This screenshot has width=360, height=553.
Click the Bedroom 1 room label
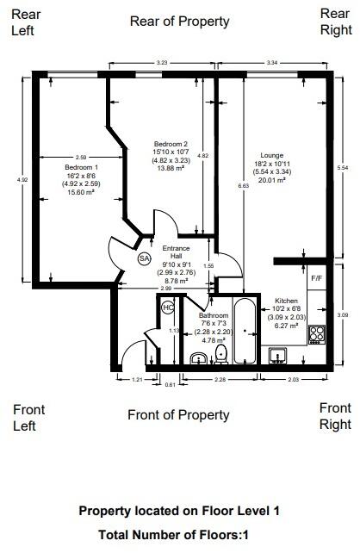point(82,166)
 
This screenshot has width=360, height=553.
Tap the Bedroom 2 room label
point(171,143)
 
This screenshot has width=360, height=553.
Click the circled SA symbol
point(144,258)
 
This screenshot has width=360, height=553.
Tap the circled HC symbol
point(168,307)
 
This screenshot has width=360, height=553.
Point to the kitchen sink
point(278,354)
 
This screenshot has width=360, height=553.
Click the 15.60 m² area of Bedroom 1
point(82,193)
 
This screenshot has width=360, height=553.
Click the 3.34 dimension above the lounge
point(272,63)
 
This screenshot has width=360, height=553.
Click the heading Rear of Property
point(180,22)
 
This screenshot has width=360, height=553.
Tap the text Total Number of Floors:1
point(179,534)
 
